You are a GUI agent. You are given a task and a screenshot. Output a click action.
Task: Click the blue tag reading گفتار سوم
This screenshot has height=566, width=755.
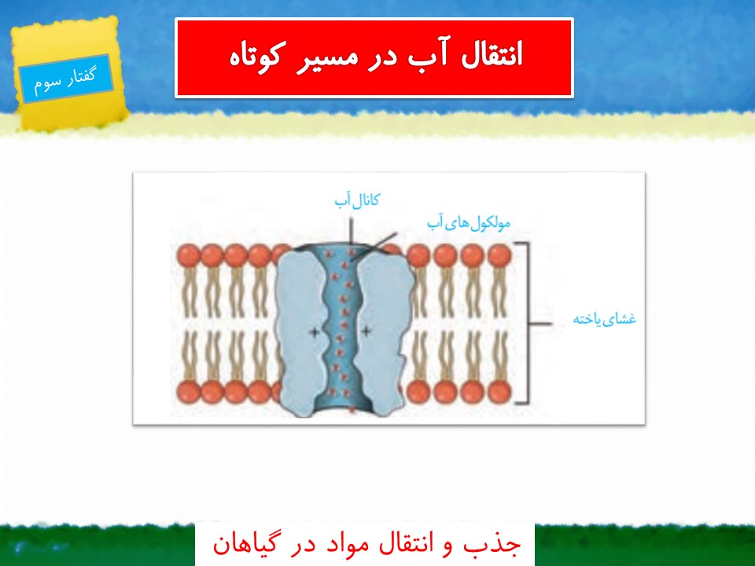tap(66, 79)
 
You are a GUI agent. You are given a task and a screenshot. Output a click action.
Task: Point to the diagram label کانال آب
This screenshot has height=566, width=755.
tap(357, 200)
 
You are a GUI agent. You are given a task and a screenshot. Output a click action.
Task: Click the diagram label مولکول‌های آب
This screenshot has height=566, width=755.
tap(469, 223)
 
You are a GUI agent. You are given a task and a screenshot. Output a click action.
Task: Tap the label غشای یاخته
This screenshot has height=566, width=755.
tap(605, 318)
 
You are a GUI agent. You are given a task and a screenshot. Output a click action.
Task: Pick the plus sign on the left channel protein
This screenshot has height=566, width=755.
tap(314, 332)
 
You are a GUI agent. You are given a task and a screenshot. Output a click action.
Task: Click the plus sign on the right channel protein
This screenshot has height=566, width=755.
tap(366, 331)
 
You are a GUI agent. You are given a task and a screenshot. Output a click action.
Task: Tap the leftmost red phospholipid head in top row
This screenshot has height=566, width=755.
tap(188, 255)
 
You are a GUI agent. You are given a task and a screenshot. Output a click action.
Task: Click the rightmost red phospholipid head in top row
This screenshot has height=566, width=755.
tap(499, 255)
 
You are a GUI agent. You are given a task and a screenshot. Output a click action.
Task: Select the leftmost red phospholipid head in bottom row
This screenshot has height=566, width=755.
tap(188, 391)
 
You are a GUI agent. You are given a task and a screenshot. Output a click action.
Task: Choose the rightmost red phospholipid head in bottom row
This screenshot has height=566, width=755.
tap(499, 391)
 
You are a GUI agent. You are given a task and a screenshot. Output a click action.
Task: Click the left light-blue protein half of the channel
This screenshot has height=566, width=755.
tap(299, 332)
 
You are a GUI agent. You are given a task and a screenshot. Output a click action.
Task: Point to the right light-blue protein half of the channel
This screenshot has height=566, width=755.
tap(385, 332)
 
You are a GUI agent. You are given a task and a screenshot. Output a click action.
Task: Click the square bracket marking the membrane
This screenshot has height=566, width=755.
tap(528, 323)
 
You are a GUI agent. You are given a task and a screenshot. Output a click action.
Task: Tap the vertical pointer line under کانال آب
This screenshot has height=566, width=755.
tap(351, 231)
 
